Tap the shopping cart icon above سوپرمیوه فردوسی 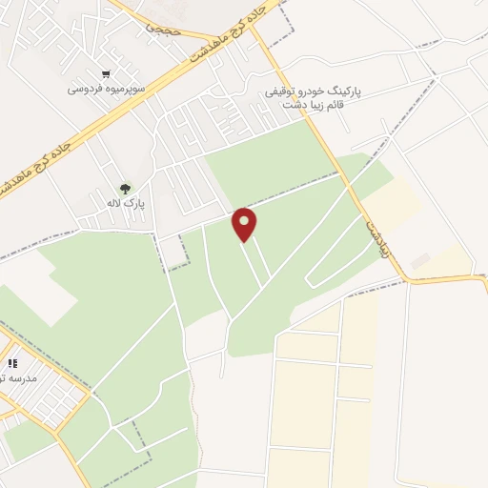pyautogui.click(x=106, y=73)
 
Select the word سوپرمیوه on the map pyautogui.click(x=123, y=89)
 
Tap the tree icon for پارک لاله pyautogui.click(x=124, y=187)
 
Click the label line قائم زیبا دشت pyautogui.click(x=315, y=106)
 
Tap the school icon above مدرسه pyautogui.click(x=12, y=363)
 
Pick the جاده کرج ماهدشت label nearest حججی pyautogui.click(x=224, y=33)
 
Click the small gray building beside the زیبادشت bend pyautogui.click(x=420, y=259)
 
